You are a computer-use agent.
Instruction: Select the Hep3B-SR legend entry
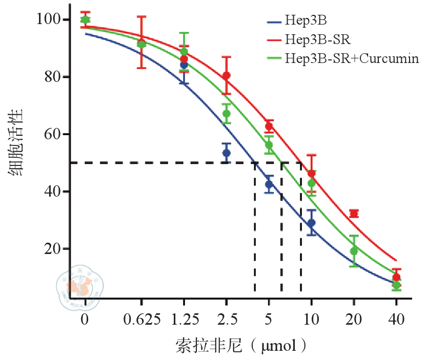tap(318, 39)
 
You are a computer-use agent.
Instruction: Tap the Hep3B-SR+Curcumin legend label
tap(352, 57)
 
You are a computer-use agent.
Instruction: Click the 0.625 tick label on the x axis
tap(141, 320)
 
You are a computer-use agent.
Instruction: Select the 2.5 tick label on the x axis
tap(227, 320)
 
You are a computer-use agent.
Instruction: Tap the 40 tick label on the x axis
tap(396, 320)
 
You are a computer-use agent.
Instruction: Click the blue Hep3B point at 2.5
tap(227, 153)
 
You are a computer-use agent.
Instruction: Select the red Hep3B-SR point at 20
tap(354, 214)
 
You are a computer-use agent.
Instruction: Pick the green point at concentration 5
tap(269, 145)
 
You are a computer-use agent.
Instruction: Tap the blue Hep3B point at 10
tap(311, 223)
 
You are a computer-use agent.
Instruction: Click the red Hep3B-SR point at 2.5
tap(227, 76)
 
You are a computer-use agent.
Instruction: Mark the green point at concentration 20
tap(354, 251)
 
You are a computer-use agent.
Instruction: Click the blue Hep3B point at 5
tap(269, 184)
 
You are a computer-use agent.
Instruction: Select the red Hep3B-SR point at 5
tap(269, 126)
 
